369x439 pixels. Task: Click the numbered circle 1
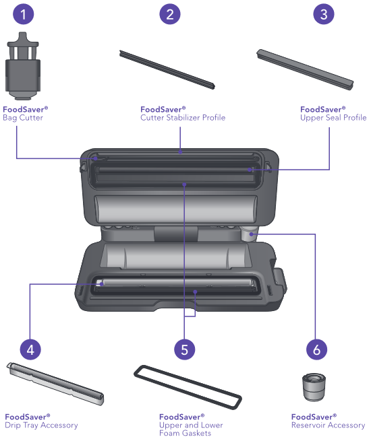[24, 14]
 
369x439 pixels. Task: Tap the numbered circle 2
[170, 14]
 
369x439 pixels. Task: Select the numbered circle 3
[324, 14]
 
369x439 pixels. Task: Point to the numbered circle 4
[30, 349]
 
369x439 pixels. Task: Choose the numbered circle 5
[184, 349]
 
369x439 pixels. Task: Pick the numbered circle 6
[316, 349]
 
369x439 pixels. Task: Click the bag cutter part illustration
[23, 66]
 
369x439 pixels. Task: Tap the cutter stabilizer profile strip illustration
[167, 70]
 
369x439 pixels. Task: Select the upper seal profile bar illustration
[305, 70]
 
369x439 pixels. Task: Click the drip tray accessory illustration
[55, 384]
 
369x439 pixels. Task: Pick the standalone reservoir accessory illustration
[314, 387]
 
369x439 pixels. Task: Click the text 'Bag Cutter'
[23, 118]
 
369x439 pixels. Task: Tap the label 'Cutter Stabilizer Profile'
[183, 118]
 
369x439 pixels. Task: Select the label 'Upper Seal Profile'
[333, 118]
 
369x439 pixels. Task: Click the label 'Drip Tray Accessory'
[41, 425]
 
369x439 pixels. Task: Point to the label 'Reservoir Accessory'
[328, 425]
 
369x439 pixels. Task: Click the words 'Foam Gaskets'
[185, 433]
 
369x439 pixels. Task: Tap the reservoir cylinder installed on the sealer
[248, 234]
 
